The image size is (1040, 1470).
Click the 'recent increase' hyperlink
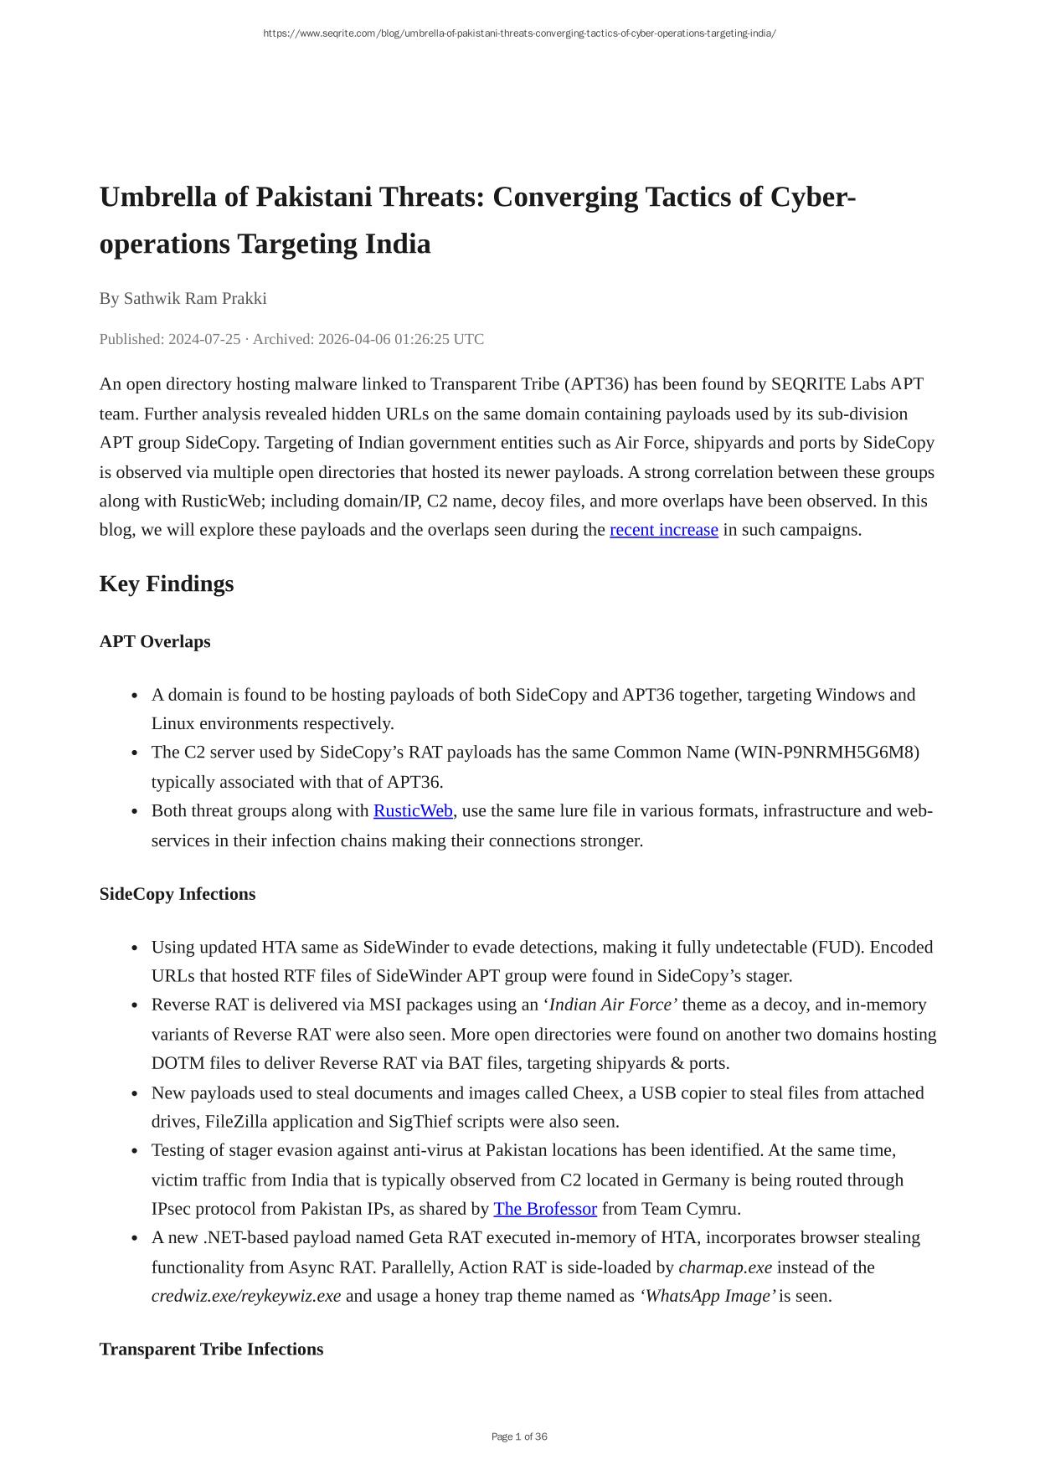[x=663, y=530]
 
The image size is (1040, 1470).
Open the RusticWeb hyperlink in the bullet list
[x=413, y=811]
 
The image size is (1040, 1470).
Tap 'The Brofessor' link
[x=545, y=1209]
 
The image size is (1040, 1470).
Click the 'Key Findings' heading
[x=167, y=583]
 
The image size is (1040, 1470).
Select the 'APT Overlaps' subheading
[x=155, y=642]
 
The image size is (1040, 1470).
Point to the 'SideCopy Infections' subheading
[x=178, y=894]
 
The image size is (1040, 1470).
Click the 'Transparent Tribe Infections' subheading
[x=211, y=1349]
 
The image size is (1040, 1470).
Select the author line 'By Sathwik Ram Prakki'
[x=183, y=299]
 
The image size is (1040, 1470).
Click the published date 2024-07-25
[x=204, y=339]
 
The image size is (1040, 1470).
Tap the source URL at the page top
[x=519, y=33]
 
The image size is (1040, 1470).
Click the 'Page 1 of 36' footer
[x=519, y=1437]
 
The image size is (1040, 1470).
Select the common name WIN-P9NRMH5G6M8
[x=826, y=753]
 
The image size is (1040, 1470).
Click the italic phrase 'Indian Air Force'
[x=610, y=1005]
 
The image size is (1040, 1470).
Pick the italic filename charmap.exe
[x=725, y=1267]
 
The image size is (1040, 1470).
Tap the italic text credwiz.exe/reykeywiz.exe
[x=246, y=1297]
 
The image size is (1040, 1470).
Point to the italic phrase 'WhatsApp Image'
[x=707, y=1297]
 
